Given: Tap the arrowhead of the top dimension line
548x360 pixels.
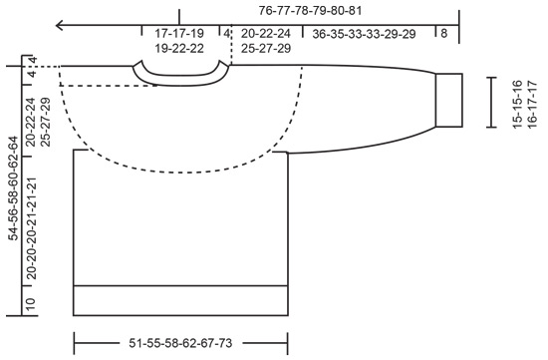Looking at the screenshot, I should pyautogui.click(x=62, y=24).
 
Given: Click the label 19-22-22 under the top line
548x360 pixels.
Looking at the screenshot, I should pyautogui.click(x=179, y=48).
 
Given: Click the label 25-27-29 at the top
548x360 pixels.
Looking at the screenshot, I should pyautogui.click(x=265, y=48).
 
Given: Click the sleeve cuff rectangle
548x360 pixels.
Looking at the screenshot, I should pyautogui.click(x=449, y=100).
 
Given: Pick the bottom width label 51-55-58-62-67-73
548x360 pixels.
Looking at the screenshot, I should pyautogui.click(x=180, y=342).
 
